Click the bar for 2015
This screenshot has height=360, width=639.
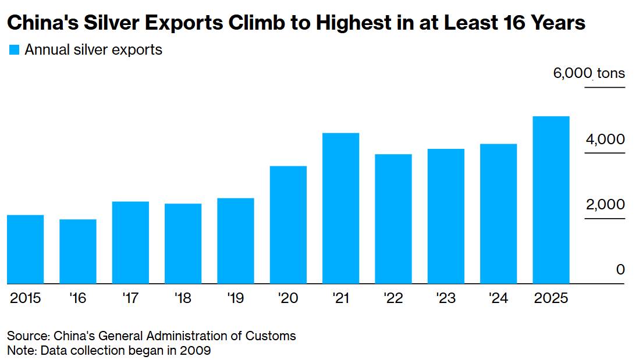[26, 249]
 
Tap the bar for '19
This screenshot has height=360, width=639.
[236, 241]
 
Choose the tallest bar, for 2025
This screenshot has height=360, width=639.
[551, 200]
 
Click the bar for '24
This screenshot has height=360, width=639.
[499, 213]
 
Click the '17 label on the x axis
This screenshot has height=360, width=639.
[130, 298]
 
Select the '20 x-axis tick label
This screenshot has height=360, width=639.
[287, 298]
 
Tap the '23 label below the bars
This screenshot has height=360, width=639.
[445, 298]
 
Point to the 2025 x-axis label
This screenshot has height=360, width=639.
[551, 298]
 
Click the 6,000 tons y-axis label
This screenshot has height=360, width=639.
[589, 73]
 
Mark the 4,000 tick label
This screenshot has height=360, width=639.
[605, 140]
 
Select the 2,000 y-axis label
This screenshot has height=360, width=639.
[605, 205]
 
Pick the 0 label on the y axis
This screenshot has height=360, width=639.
[620, 270]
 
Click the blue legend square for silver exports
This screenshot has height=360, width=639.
[15, 51]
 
